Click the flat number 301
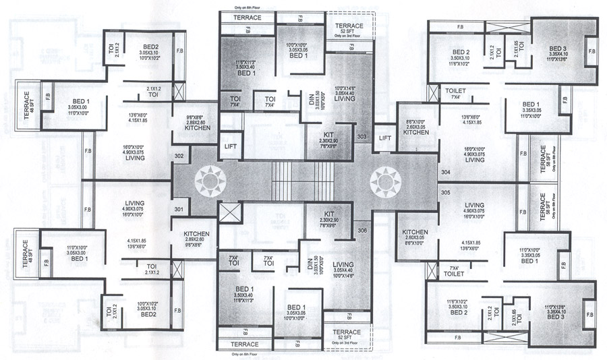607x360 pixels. [x=179, y=209]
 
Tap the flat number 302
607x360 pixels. [x=179, y=156]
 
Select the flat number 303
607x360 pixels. [x=362, y=137]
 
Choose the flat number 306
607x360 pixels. [x=362, y=231]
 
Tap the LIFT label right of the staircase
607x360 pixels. [x=385, y=138]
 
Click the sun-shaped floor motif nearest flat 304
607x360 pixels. [x=385, y=180]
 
